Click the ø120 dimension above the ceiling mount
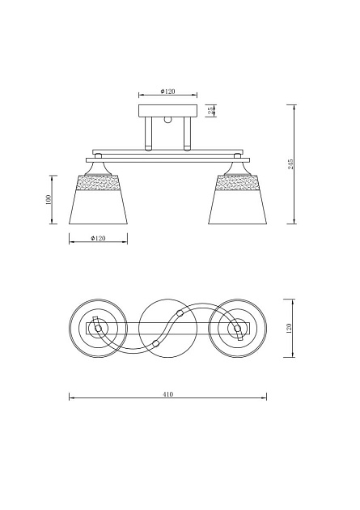point(167,91)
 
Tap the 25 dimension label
point(210,111)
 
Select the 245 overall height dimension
point(290,164)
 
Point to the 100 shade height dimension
point(49,199)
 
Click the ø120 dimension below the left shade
point(98,239)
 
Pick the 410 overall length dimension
point(167,394)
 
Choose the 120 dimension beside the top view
point(289,328)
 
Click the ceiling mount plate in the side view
point(167,111)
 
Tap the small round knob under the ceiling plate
point(167,120)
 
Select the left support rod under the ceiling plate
point(148,134)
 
